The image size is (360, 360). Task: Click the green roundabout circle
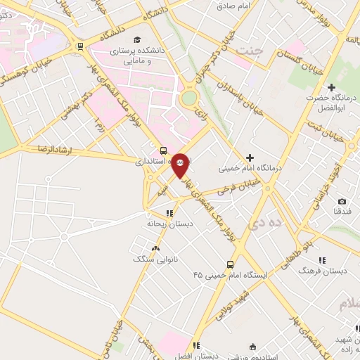point(188,98)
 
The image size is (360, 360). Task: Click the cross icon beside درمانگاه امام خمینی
point(249,157)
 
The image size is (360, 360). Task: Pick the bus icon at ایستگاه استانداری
point(163,150)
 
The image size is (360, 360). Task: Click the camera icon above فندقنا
point(342,202)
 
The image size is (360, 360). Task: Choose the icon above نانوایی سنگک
point(155,248)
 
